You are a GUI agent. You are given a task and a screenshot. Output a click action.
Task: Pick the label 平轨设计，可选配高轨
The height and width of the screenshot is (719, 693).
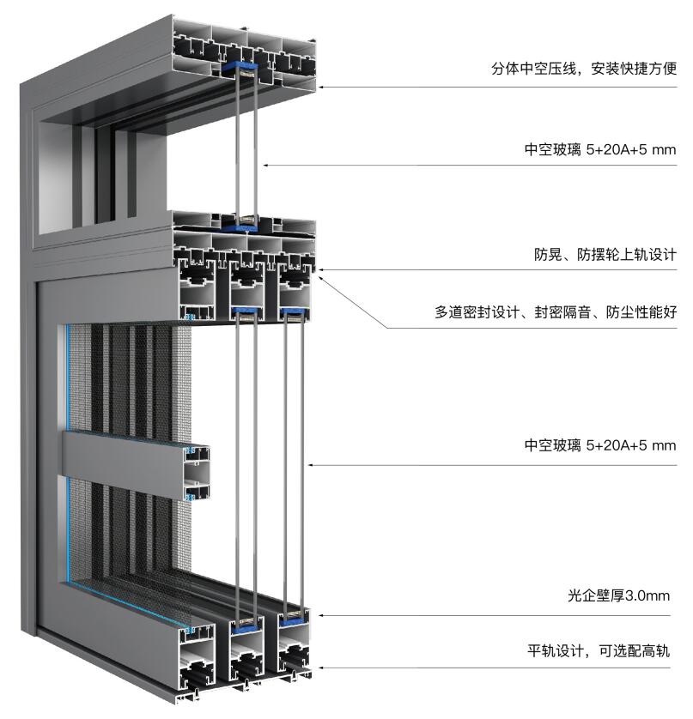(598, 651)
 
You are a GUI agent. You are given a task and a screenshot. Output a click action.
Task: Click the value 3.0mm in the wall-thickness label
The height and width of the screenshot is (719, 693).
(648, 595)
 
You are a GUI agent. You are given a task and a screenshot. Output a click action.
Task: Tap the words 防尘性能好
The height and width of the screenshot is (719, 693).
(643, 312)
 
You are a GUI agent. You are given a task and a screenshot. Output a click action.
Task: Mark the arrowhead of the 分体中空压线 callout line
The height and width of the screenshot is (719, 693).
(320, 87)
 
